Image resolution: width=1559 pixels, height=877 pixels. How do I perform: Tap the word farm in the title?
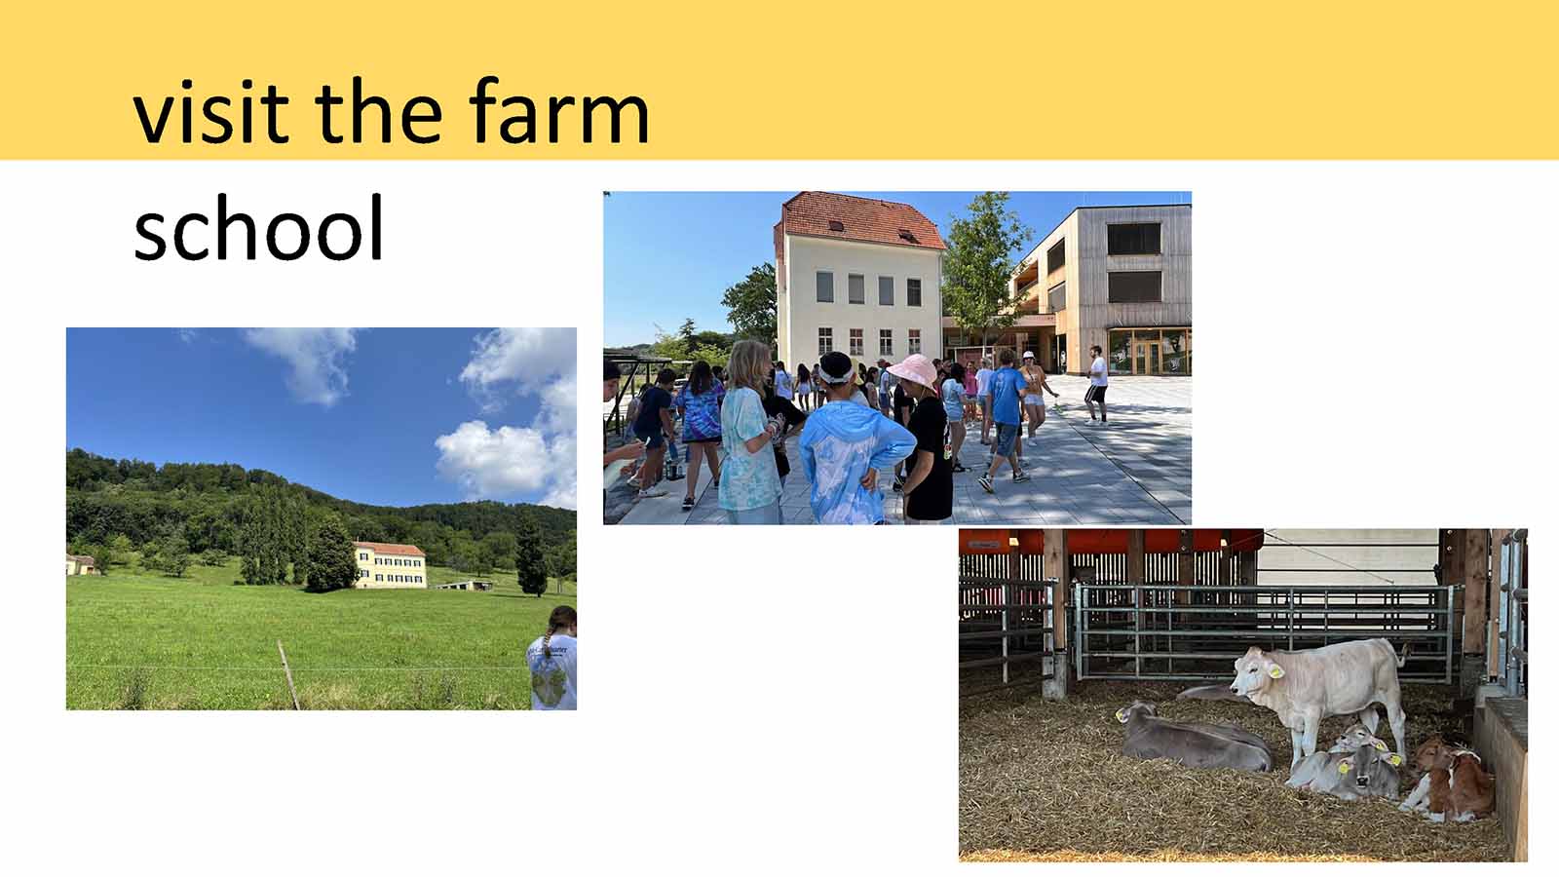click(559, 110)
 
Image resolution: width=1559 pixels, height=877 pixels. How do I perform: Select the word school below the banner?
click(258, 228)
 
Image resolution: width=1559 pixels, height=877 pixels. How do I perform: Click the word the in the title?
click(379, 111)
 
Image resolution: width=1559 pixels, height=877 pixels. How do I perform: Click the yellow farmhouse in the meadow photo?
click(390, 564)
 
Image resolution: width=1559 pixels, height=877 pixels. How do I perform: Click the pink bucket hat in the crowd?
click(914, 371)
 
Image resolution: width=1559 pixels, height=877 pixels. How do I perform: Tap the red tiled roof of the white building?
click(859, 221)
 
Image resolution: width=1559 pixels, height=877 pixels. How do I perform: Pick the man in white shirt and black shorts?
click(1096, 385)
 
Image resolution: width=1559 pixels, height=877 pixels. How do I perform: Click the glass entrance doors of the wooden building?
click(1148, 355)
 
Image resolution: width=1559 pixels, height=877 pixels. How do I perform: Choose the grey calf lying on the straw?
click(1194, 737)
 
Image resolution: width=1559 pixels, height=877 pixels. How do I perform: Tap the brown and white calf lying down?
click(1449, 781)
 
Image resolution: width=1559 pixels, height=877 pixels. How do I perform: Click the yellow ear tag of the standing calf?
click(1275, 671)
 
